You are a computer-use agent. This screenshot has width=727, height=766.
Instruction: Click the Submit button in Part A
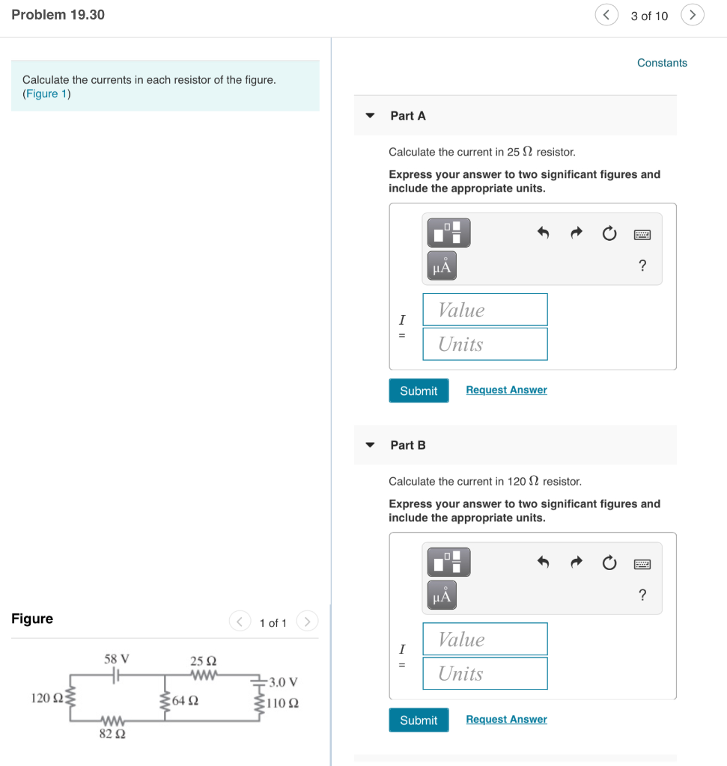[419, 390]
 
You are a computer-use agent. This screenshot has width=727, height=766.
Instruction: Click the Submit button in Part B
[419, 720]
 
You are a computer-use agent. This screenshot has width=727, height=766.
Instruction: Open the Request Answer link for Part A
[506, 390]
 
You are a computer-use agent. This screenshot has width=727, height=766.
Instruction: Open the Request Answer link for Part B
[506, 719]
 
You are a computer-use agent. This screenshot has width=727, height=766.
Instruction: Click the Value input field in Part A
[484, 310]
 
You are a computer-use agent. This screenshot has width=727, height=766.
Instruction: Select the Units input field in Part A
[484, 344]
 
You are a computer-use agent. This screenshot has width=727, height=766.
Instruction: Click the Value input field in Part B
[484, 640]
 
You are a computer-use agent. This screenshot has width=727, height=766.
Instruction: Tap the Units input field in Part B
[484, 673]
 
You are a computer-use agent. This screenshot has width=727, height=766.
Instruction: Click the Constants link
[662, 63]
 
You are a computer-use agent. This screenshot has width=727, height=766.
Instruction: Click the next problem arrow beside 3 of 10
[693, 15]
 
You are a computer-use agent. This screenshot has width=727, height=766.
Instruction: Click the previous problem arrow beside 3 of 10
[606, 15]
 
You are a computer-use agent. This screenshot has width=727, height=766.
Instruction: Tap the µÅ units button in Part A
[442, 266]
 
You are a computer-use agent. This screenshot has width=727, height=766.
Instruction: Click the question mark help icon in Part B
[642, 595]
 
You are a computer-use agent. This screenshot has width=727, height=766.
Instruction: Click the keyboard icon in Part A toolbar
[642, 235]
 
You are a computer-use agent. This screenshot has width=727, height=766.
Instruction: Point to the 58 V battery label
[117, 659]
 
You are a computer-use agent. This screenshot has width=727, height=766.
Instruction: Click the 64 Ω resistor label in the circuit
[185, 701]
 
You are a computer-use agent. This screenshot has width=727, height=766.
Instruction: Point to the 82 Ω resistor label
[112, 734]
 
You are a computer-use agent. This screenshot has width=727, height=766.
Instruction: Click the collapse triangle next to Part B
[370, 445]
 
